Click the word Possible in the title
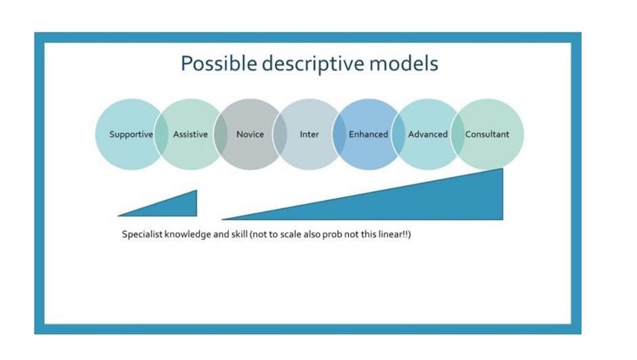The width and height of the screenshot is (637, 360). click(219, 64)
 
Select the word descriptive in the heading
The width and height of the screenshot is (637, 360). click(313, 64)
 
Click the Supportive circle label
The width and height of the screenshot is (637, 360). click(131, 134)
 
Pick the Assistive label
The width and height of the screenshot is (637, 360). click(190, 134)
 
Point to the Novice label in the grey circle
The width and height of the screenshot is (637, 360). click(250, 134)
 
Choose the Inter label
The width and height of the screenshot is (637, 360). click(309, 134)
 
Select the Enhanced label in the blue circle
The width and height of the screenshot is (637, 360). click(369, 134)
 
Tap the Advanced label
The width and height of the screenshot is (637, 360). click(428, 134)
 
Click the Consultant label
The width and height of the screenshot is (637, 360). click(487, 134)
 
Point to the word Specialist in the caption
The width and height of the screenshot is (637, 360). click(142, 235)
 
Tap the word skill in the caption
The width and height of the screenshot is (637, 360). click(239, 235)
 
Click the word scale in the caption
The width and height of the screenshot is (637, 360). click(291, 235)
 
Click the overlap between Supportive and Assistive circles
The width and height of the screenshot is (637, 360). click(161, 134)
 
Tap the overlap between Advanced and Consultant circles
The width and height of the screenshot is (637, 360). click(457, 134)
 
